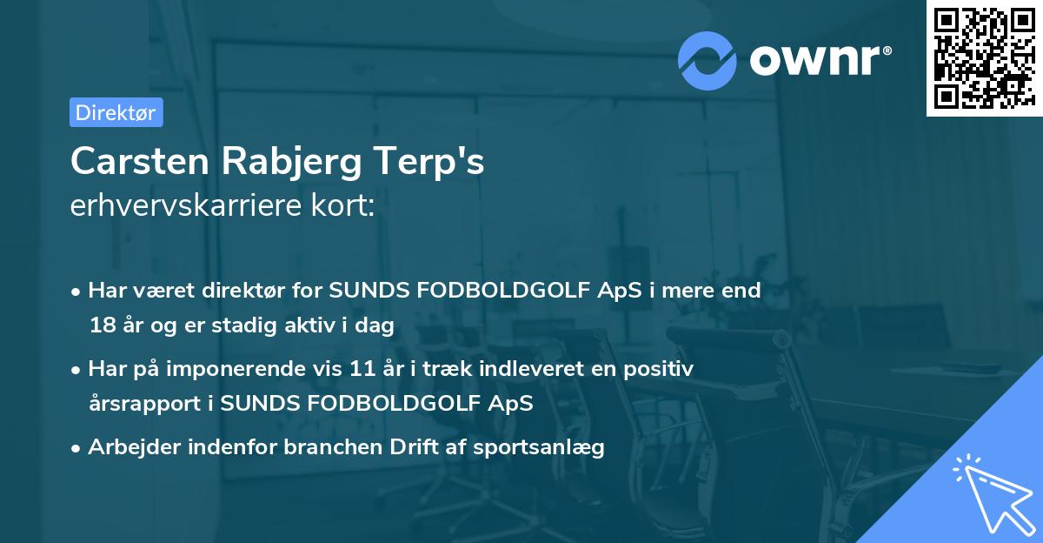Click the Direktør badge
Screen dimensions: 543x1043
point(116,112)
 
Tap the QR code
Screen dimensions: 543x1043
point(983,57)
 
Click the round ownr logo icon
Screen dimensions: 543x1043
point(708,60)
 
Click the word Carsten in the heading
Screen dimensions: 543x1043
point(139,161)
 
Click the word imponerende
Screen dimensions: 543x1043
point(267,369)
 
